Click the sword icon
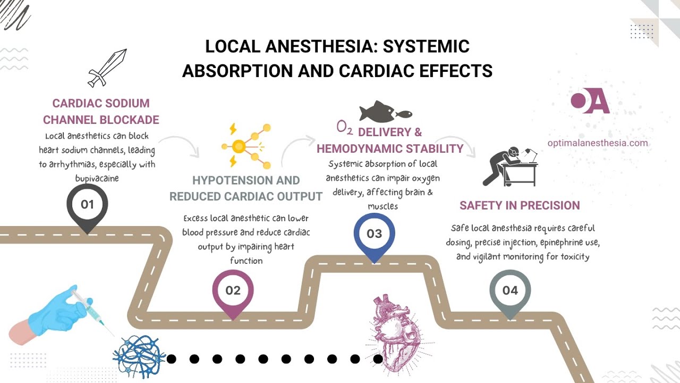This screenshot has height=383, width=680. point(107,68)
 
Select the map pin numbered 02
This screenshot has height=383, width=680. point(233,292)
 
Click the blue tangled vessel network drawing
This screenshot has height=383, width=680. point(139,355)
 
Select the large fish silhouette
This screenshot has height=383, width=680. point(377,112)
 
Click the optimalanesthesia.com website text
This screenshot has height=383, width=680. point(598,143)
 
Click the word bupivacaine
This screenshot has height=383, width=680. point(97,178)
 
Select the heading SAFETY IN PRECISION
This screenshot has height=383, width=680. point(520,205)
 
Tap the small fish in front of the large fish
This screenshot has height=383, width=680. point(405,113)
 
